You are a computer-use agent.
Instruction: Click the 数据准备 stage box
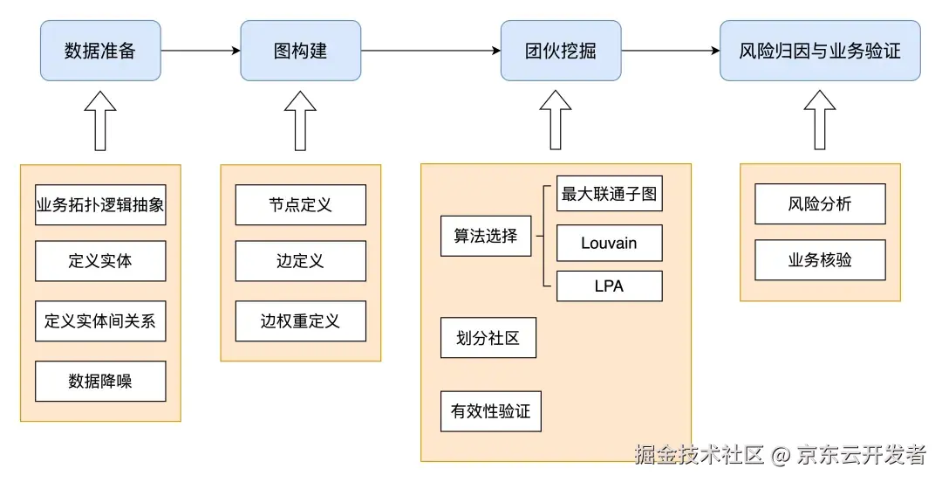(x=100, y=51)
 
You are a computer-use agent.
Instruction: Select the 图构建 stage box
(x=300, y=51)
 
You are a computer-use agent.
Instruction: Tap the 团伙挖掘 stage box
(x=561, y=51)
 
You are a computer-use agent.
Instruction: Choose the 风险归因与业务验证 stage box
(x=819, y=51)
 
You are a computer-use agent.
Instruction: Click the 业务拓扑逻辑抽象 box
(x=100, y=205)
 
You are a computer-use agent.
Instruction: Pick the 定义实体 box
(x=100, y=261)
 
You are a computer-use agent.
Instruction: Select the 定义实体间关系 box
(x=100, y=321)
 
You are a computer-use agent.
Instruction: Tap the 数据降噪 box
(x=100, y=381)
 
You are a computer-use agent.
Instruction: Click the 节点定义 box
(x=300, y=205)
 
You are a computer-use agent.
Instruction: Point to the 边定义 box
(x=300, y=261)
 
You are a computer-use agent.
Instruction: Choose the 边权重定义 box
(x=300, y=321)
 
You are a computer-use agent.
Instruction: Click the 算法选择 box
(x=486, y=236)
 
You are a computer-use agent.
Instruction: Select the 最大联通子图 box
(x=609, y=194)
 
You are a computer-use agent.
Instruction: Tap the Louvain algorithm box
(x=609, y=243)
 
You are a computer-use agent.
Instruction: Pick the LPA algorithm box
(x=609, y=286)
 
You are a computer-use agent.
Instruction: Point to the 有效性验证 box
(x=490, y=410)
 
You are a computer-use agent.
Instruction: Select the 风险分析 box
(x=820, y=204)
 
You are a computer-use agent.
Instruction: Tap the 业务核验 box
(x=820, y=260)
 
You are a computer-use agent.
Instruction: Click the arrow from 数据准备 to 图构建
(x=201, y=51)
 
